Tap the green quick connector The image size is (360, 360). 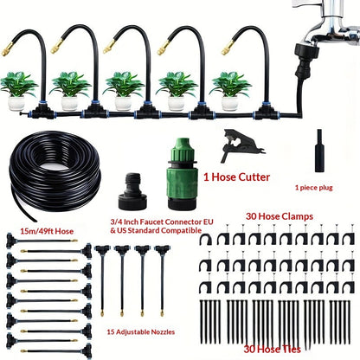[182, 174]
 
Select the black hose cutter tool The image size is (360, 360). [241, 145]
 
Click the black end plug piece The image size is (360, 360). [319, 151]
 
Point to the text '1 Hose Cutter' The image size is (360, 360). [236, 177]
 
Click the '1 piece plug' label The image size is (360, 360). [313, 188]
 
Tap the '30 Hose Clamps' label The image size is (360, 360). [280, 216]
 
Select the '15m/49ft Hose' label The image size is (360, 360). [47, 231]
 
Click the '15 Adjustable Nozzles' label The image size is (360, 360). [141, 332]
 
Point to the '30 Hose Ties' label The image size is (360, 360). [272, 350]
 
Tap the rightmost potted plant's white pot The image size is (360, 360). [230, 104]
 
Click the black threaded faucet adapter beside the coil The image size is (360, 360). [133, 191]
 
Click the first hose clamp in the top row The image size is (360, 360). [206, 238]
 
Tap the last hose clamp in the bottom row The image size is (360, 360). [348, 286]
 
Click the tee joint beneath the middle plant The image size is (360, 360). [147, 111]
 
